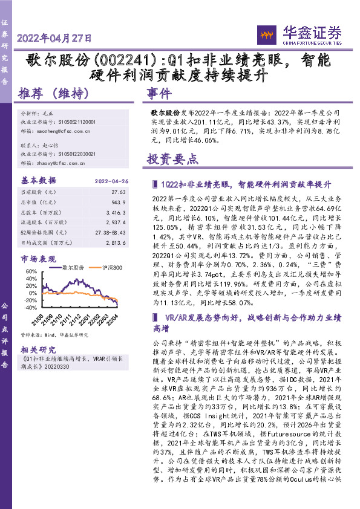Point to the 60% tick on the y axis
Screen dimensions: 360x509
(x=30, y=272)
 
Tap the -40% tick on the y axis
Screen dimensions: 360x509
(x=29, y=308)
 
